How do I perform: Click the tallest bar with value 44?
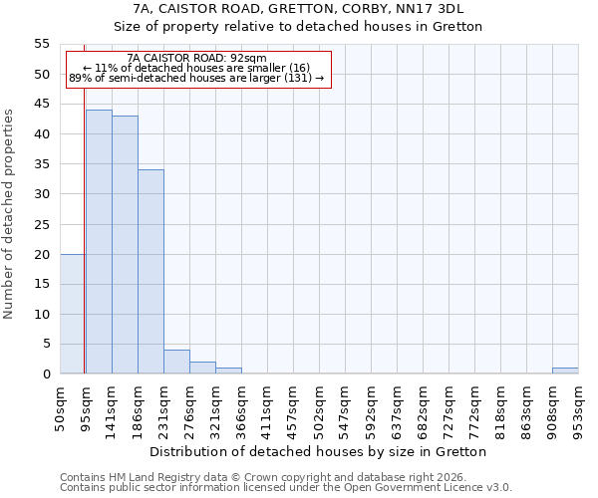click(99, 242)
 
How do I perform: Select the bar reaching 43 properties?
click(125, 245)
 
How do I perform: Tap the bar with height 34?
click(150, 272)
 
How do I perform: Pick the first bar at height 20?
click(73, 314)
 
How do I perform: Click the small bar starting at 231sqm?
click(176, 363)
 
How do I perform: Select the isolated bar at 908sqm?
click(565, 372)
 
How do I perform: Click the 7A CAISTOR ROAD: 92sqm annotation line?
click(197, 59)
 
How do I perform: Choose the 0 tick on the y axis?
click(46, 374)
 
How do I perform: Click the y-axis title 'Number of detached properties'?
click(9, 214)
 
